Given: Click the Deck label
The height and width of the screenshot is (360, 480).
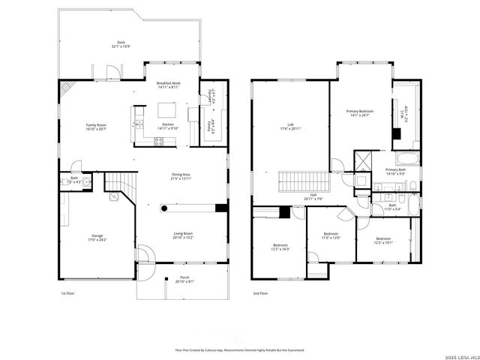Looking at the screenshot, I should point(121,43).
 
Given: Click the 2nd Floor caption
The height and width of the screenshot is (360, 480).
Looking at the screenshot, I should point(260,293).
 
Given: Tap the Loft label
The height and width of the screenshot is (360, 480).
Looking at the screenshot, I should point(290,124).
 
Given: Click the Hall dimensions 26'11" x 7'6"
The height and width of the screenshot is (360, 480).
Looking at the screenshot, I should point(313,199).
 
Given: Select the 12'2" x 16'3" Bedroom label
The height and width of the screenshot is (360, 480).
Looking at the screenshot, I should point(280,248).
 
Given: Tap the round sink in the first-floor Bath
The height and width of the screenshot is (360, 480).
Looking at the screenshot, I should point(87,181).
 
